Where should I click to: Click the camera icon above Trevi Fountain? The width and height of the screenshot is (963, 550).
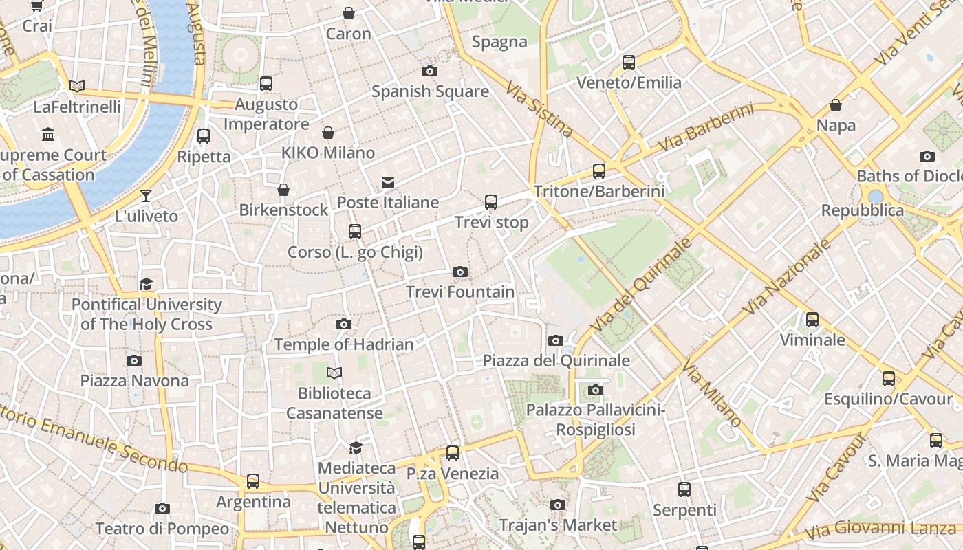pyautogui.click(x=460, y=272)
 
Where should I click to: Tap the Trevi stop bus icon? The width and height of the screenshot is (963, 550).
pyautogui.click(x=491, y=202)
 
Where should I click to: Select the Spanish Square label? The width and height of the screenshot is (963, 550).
pyautogui.click(x=430, y=91)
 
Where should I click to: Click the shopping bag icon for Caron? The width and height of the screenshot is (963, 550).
pyautogui.click(x=349, y=13)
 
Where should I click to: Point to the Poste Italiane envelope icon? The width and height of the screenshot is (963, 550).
pyautogui.click(x=388, y=182)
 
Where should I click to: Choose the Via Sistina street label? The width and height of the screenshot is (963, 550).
pyautogui.click(x=539, y=109)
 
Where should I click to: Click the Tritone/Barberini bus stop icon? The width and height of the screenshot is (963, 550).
pyautogui.click(x=599, y=171)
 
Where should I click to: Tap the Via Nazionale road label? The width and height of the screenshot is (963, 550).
pyautogui.click(x=787, y=276)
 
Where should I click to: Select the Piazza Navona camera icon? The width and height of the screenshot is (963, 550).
pyautogui.click(x=134, y=360)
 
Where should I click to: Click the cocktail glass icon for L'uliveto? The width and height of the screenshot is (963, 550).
pyautogui.click(x=146, y=196)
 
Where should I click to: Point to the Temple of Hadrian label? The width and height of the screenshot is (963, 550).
pyautogui.click(x=344, y=344)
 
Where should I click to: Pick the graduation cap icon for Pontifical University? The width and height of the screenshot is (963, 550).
pyautogui.click(x=146, y=284)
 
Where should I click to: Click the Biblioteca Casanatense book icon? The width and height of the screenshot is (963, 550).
pyautogui.click(x=334, y=373)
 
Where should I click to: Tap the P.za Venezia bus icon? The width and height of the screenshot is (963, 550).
pyautogui.click(x=452, y=453)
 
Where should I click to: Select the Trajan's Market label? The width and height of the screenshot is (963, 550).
pyautogui.click(x=558, y=525)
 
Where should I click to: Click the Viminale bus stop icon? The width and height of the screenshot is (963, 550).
pyautogui.click(x=812, y=320)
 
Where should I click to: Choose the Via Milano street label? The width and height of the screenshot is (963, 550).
pyautogui.click(x=711, y=393)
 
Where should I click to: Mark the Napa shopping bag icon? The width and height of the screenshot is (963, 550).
pyautogui.click(x=836, y=105)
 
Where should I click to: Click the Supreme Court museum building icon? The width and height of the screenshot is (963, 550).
pyautogui.click(x=48, y=134)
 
